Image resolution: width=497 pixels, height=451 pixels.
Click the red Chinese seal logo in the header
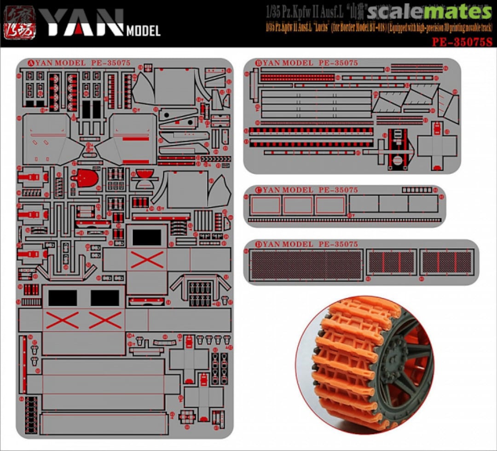pyautogui.click(x=21, y=22)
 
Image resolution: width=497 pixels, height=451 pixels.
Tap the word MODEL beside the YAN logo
pyautogui.click(x=143, y=31)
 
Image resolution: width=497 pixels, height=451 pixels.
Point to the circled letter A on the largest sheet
pyautogui.click(x=31, y=63)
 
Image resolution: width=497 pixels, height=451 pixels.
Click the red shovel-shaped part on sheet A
pyautogui.click(x=86, y=179)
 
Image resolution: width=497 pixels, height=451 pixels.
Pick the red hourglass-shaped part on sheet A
pyautogui.click(x=144, y=179)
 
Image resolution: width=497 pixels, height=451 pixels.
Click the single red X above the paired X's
pyautogui.click(x=147, y=260)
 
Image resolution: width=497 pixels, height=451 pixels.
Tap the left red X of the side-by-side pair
pyautogui.click(x=63, y=320)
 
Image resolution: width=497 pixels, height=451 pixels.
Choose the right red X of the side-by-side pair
pyautogui.click(x=105, y=320)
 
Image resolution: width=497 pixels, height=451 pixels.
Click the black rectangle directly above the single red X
pyautogui.click(x=147, y=237)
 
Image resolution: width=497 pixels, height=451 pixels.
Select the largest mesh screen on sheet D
pyautogui.click(x=306, y=264)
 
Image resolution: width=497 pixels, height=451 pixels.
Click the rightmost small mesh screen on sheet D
pyautogui.click(x=447, y=262)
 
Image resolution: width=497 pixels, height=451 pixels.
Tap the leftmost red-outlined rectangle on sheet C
pyautogui.click(x=266, y=205)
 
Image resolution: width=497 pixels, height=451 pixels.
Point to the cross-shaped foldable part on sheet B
pyautogui.click(x=437, y=146)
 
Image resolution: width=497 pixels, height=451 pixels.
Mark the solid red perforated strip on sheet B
pyautogui.click(x=297, y=77)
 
